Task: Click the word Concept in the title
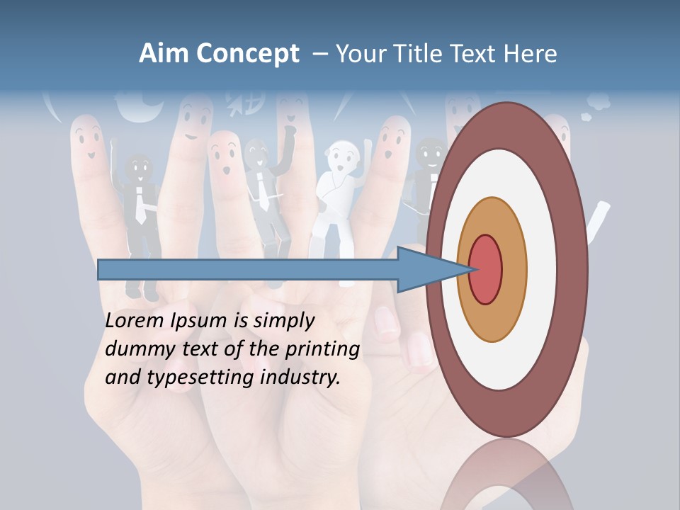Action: pos(247,54)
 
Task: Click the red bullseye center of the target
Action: pos(485,270)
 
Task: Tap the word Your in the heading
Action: pos(359,53)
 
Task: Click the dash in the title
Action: pos(319,55)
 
